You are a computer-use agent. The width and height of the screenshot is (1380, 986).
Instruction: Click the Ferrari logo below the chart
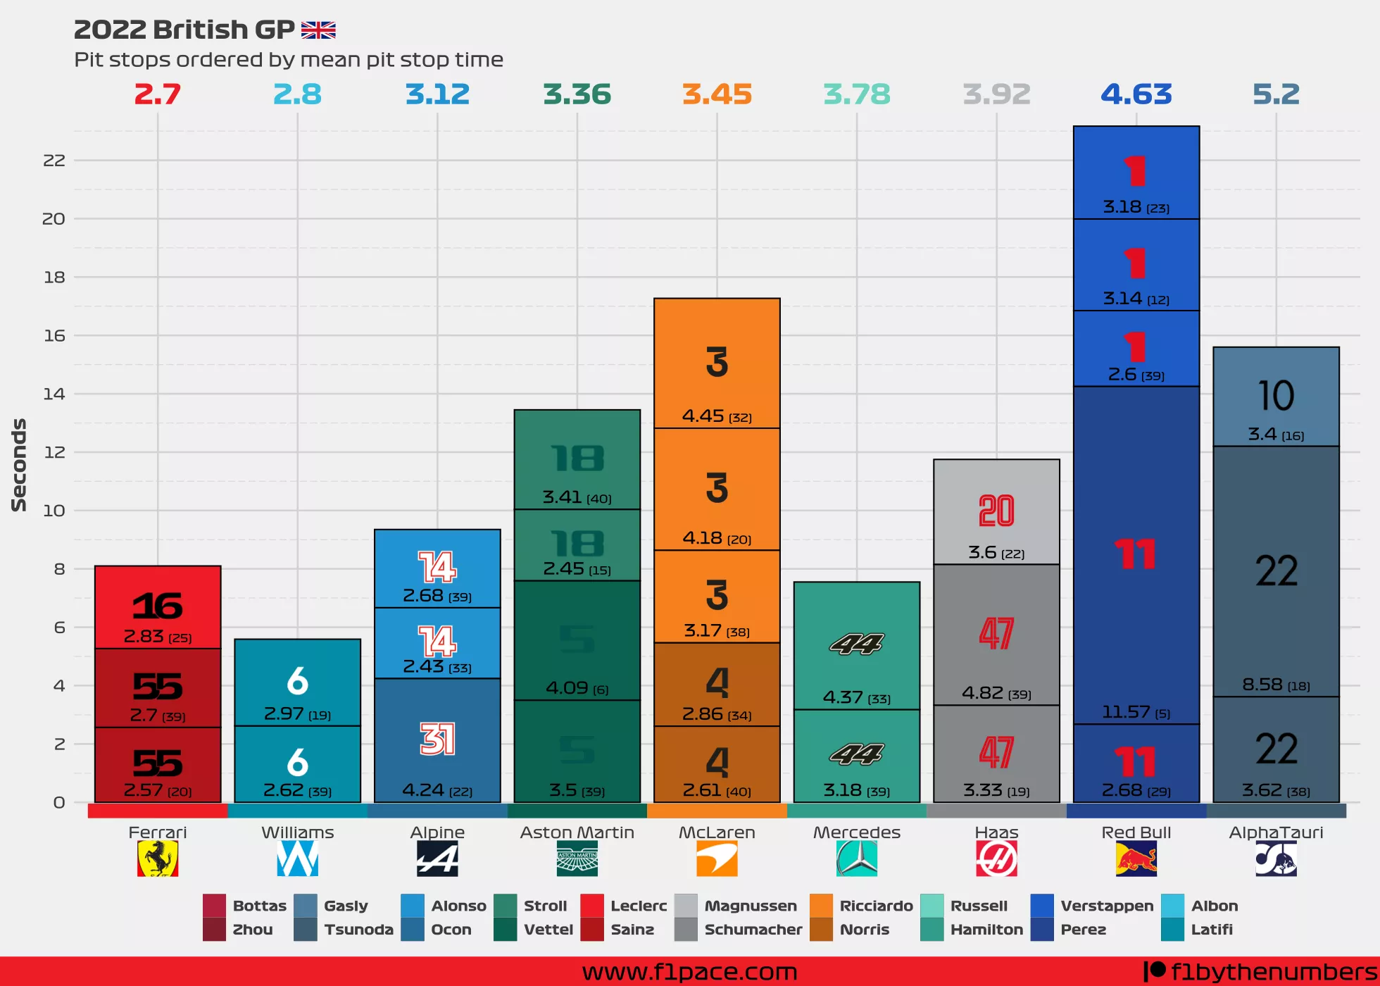click(x=158, y=859)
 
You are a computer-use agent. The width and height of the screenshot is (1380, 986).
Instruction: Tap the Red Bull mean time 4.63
click(x=1136, y=94)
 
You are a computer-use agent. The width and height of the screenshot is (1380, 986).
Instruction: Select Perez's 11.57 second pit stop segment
click(x=1136, y=555)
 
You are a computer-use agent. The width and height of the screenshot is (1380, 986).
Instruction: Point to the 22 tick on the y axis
click(x=54, y=161)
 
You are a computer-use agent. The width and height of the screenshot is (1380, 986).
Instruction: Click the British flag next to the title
click(x=318, y=30)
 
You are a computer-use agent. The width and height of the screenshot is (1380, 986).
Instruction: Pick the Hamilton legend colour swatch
click(x=931, y=930)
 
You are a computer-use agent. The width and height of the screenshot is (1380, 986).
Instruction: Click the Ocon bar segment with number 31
click(x=437, y=740)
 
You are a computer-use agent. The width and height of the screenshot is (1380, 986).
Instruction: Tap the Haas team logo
click(x=996, y=859)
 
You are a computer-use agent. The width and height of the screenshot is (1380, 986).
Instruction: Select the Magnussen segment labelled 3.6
click(x=996, y=512)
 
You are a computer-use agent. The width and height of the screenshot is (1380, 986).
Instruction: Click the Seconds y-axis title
click(x=19, y=465)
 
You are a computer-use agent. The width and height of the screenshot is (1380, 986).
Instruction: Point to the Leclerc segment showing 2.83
click(x=158, y=607)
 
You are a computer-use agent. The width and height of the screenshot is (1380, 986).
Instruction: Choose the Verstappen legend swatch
click(x=1041, y=906)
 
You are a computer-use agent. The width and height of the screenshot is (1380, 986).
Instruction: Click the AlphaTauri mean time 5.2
click(x=1276, y=94)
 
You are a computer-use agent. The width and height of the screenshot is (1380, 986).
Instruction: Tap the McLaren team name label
click(x=717, y=832)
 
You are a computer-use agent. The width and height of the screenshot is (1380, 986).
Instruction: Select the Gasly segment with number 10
click(x=1276, y=397)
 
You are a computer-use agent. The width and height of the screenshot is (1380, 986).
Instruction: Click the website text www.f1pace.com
click(x=689, y=972)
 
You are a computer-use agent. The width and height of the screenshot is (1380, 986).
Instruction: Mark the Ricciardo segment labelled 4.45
click(x=717, y=363)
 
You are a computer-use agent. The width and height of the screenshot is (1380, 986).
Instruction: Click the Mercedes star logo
click(x=856, y=859)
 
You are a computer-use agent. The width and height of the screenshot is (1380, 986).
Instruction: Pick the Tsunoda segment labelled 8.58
click(x=1276, y=571)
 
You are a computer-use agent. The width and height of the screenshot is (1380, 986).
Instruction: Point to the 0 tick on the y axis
click(x=59, y=802)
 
